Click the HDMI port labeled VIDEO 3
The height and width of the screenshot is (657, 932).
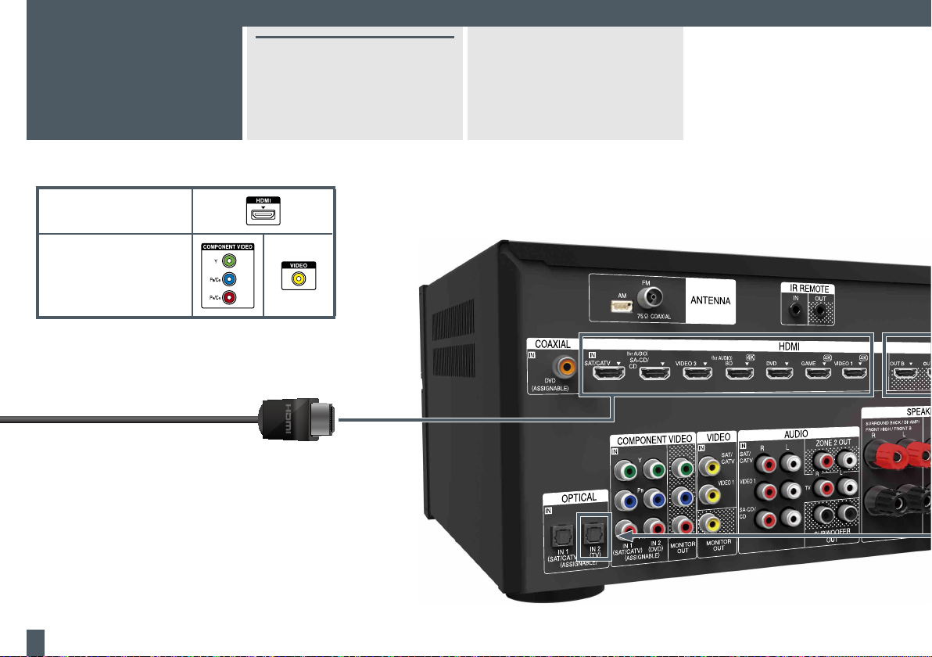tap(697, 374)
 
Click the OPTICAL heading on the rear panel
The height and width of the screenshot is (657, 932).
tap(579, 497)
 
